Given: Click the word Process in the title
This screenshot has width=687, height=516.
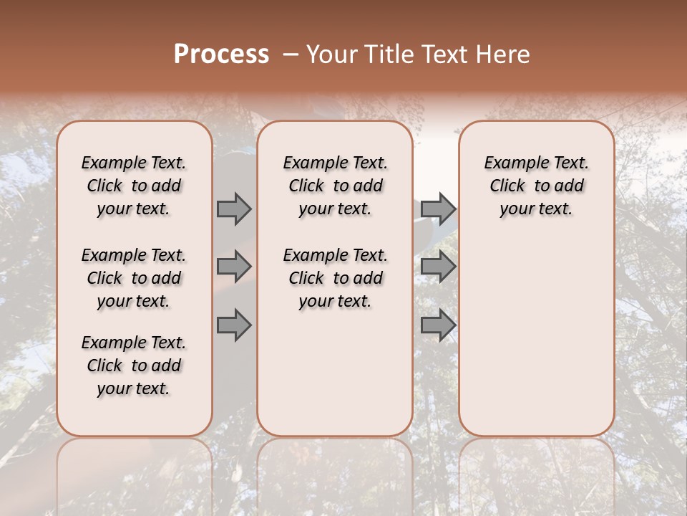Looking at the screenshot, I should click(x=221, y=54).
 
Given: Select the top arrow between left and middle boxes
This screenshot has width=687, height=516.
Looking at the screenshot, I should click(x=234, y=209).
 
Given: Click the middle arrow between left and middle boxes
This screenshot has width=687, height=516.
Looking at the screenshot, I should click(x=234, y=267).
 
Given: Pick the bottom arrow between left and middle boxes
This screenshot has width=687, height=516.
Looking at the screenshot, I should click(x=234, y=325).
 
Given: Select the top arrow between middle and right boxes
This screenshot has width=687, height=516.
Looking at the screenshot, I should click(x=438, y=209).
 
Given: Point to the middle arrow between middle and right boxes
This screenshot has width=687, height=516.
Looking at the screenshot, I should click(x=438, y=267).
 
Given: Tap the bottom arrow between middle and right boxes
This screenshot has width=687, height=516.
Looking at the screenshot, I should click(x=438, y=325).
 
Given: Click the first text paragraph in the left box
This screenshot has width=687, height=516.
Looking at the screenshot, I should click(x=134, y=186).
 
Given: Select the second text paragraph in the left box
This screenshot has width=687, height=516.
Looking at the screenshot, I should click(x=134, y=278).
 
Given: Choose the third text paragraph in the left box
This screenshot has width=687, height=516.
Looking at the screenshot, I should click(x=134, y=365).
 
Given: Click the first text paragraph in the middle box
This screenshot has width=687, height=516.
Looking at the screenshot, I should click(x=335, y=186).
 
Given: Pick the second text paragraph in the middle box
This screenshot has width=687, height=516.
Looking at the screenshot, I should click(x=335, y=278).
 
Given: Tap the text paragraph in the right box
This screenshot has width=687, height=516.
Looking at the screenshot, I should click(x=536, y=186).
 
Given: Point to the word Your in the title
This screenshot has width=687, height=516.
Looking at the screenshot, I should click(x=331, y=54).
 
